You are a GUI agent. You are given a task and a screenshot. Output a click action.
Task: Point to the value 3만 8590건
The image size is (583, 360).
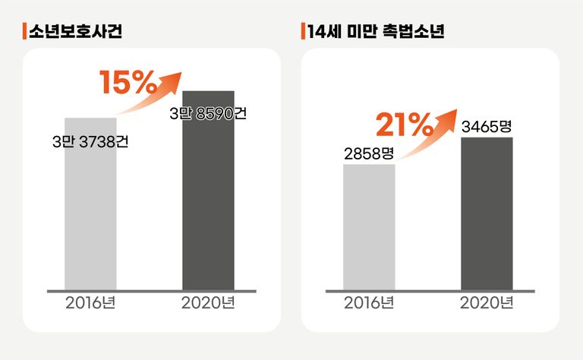click(x=208, y=114)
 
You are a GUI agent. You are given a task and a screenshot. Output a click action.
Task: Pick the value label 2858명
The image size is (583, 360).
click(x=369, y=153)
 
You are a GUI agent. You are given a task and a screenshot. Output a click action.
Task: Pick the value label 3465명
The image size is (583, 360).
click(x=487, y=126)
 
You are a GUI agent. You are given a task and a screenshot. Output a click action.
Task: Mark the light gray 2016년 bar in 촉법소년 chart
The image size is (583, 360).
click(x=369, y=228)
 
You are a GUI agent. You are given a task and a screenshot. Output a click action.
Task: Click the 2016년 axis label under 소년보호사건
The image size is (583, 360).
click(x=90, y=303)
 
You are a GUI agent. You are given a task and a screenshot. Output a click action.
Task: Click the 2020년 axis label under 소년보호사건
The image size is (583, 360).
click(x=208, y=303)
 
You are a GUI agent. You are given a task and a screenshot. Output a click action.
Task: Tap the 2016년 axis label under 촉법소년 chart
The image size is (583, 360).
click(x=369, y=303)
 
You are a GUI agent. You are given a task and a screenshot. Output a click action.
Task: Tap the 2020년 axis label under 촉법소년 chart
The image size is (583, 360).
click(x=487, y=303)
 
